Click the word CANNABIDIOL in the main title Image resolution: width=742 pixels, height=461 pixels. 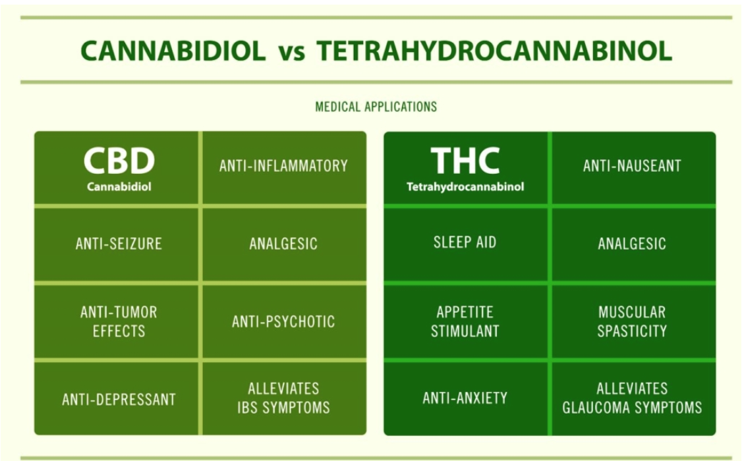coord(173,51)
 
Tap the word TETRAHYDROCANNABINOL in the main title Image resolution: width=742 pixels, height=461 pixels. coord(494,51)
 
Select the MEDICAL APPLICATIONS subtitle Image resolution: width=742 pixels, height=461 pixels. coord(376,107)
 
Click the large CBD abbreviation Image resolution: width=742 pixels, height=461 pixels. coord(119,161)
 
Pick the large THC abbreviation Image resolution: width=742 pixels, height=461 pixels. coord(465,161)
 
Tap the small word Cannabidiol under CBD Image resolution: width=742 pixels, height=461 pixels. coord(119,187)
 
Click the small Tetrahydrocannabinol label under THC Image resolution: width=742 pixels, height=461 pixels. coord(465,187)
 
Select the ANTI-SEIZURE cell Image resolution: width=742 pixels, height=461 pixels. coord(119,244)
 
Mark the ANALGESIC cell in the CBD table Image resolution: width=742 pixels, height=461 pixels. coord(283,244)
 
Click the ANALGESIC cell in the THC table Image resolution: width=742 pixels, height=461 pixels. coord(632,244)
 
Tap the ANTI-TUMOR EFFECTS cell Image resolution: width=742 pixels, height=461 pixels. coord(119,321)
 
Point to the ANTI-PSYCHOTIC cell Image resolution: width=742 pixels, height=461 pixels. coord(283,322)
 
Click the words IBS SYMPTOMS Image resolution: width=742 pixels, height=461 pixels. coord(283,408)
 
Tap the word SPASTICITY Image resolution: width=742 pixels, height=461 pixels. coord(632,331)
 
